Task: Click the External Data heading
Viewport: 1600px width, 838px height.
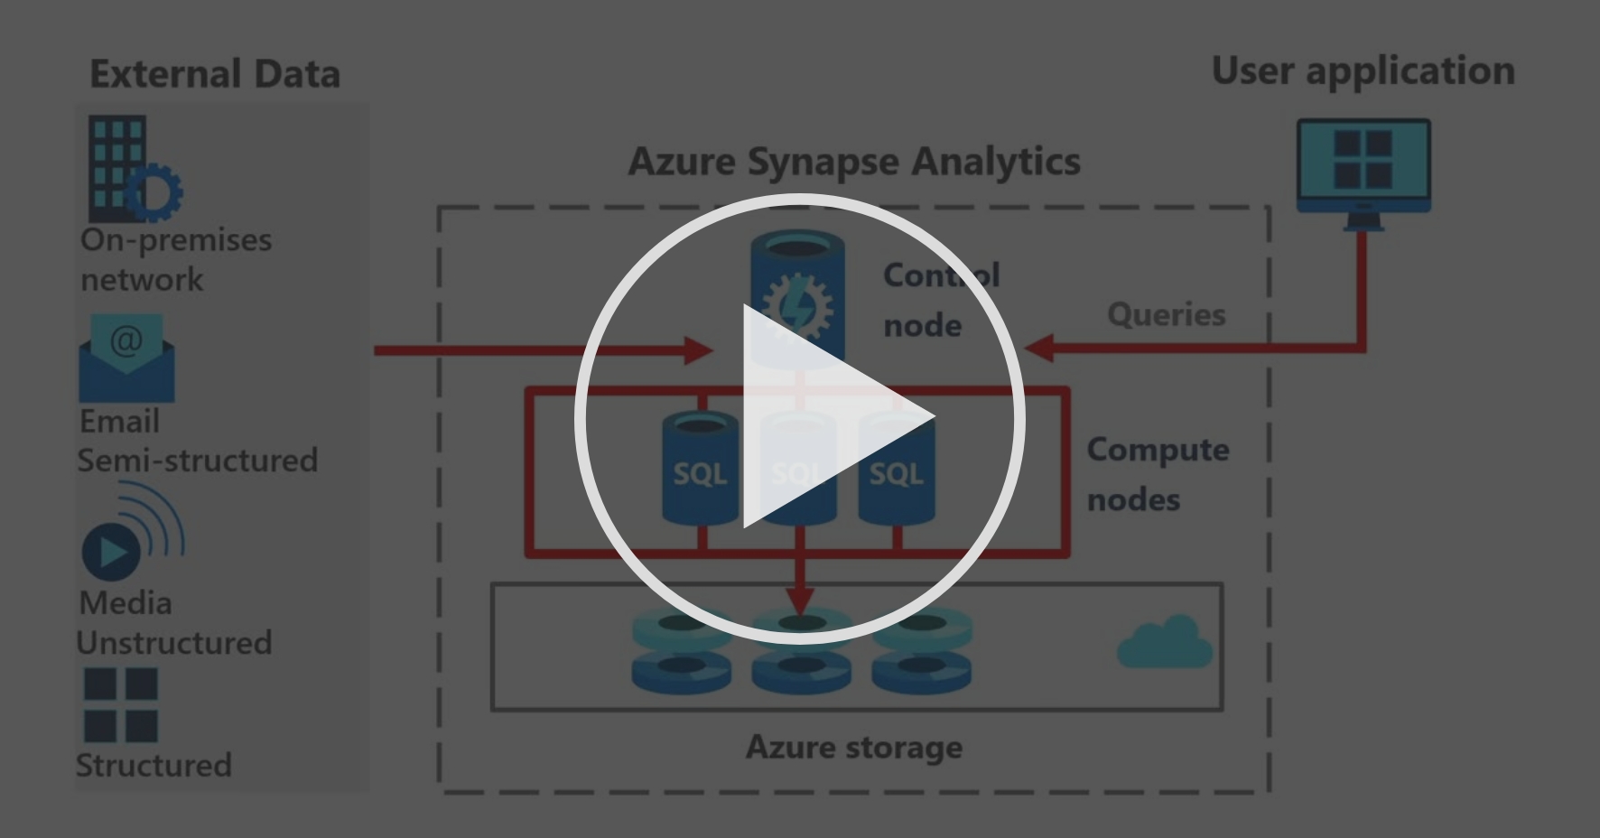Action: (215, 74)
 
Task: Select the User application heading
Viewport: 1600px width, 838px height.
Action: (1363, 71)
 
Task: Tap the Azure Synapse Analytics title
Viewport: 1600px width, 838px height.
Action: (853, 162)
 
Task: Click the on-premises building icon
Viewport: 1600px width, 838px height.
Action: (132, 170)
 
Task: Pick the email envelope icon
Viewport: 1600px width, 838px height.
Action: (126, 359)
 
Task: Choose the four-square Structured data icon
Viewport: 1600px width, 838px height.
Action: (120, 704)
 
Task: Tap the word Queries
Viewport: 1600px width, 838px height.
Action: (1166, 314)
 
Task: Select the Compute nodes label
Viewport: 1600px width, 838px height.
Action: (1157, 474)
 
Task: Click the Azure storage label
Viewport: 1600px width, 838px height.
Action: (853, 748)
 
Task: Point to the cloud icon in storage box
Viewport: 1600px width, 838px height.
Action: (1164, 643)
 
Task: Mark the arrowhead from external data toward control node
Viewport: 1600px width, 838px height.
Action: (699, 350)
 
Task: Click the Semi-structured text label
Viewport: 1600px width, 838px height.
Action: (197, 461)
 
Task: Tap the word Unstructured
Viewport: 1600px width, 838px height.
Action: (173, 643)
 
